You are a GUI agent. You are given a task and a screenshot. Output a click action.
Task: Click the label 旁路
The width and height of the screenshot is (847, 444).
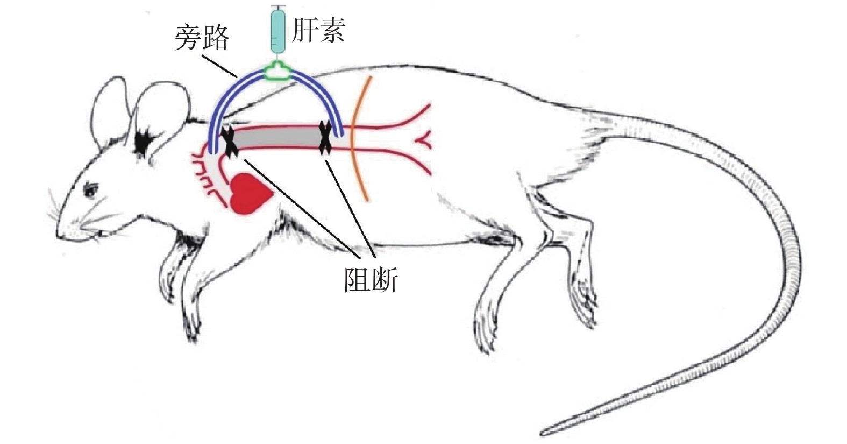tap(202, 38)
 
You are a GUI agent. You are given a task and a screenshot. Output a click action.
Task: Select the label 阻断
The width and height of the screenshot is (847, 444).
tap(371, 280)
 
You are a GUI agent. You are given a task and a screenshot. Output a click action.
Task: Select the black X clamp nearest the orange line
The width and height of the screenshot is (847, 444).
tap(325, 138)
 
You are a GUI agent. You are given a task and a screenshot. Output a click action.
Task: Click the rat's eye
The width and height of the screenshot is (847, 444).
tap(90, 189)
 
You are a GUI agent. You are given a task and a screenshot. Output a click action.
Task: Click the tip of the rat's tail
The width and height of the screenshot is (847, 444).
tap(543, 432)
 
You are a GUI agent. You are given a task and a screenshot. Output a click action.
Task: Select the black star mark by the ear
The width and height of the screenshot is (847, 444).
tap(143, 141)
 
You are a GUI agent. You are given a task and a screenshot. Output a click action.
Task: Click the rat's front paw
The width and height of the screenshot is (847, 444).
tap(191, 323)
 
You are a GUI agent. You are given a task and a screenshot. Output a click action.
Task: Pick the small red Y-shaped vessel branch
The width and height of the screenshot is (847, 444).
tap(422, 141)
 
